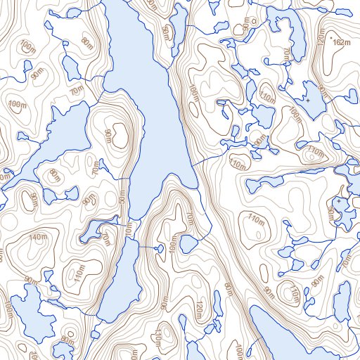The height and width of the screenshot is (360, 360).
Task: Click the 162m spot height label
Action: click(341, 42)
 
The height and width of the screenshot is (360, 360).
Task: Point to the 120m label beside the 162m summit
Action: click(321, 39)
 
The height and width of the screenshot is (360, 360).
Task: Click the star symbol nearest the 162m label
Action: click(307, 101)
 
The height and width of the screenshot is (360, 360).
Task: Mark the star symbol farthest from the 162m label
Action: click(338, 202)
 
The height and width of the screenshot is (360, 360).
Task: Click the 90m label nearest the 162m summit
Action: click(323, 92)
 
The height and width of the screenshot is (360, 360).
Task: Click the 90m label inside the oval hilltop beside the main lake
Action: click(108, 135)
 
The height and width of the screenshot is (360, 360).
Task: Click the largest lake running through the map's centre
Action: click(148, 98)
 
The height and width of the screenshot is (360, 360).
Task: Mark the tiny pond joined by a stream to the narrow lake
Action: click(188, 244)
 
